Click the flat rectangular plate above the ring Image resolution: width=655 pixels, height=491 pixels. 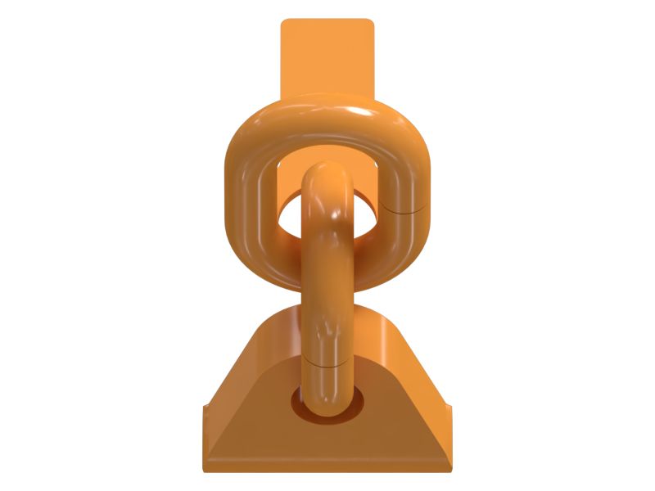tap(327, 53)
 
